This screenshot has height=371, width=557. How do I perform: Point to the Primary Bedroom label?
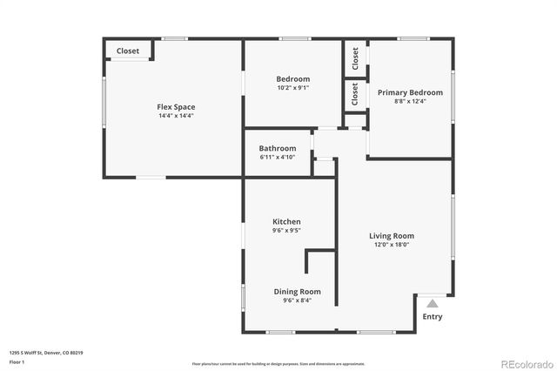410,92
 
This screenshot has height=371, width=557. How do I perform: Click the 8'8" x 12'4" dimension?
410,101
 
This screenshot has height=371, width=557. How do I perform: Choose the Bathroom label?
278,148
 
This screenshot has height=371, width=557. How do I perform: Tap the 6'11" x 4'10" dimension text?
278,157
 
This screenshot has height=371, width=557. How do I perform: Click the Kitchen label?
286,222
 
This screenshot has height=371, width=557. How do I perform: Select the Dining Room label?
298,291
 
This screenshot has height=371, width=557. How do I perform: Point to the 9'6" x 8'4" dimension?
298,300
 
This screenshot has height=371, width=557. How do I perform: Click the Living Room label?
392,235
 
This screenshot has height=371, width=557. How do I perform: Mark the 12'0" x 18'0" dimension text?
392,245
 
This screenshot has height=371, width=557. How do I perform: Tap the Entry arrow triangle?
433,302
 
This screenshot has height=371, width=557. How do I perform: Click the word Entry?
433,316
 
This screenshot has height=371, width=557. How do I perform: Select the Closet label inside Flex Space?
128,51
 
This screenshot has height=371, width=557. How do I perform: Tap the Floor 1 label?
17,361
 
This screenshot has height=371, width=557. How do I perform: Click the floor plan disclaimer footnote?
278,363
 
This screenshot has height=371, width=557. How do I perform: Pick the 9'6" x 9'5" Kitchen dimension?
286,232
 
